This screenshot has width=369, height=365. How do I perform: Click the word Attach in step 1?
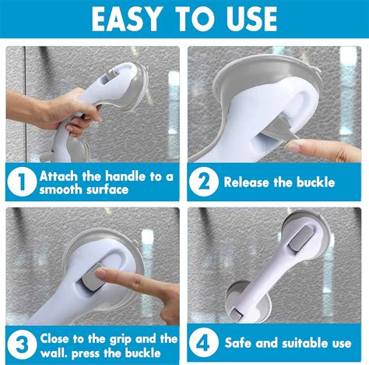(61, 175)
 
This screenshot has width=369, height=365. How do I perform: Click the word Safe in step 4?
(240, 344)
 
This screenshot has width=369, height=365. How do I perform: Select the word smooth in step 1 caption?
(63, 190)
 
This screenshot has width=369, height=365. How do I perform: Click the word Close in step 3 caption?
(58, 338)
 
